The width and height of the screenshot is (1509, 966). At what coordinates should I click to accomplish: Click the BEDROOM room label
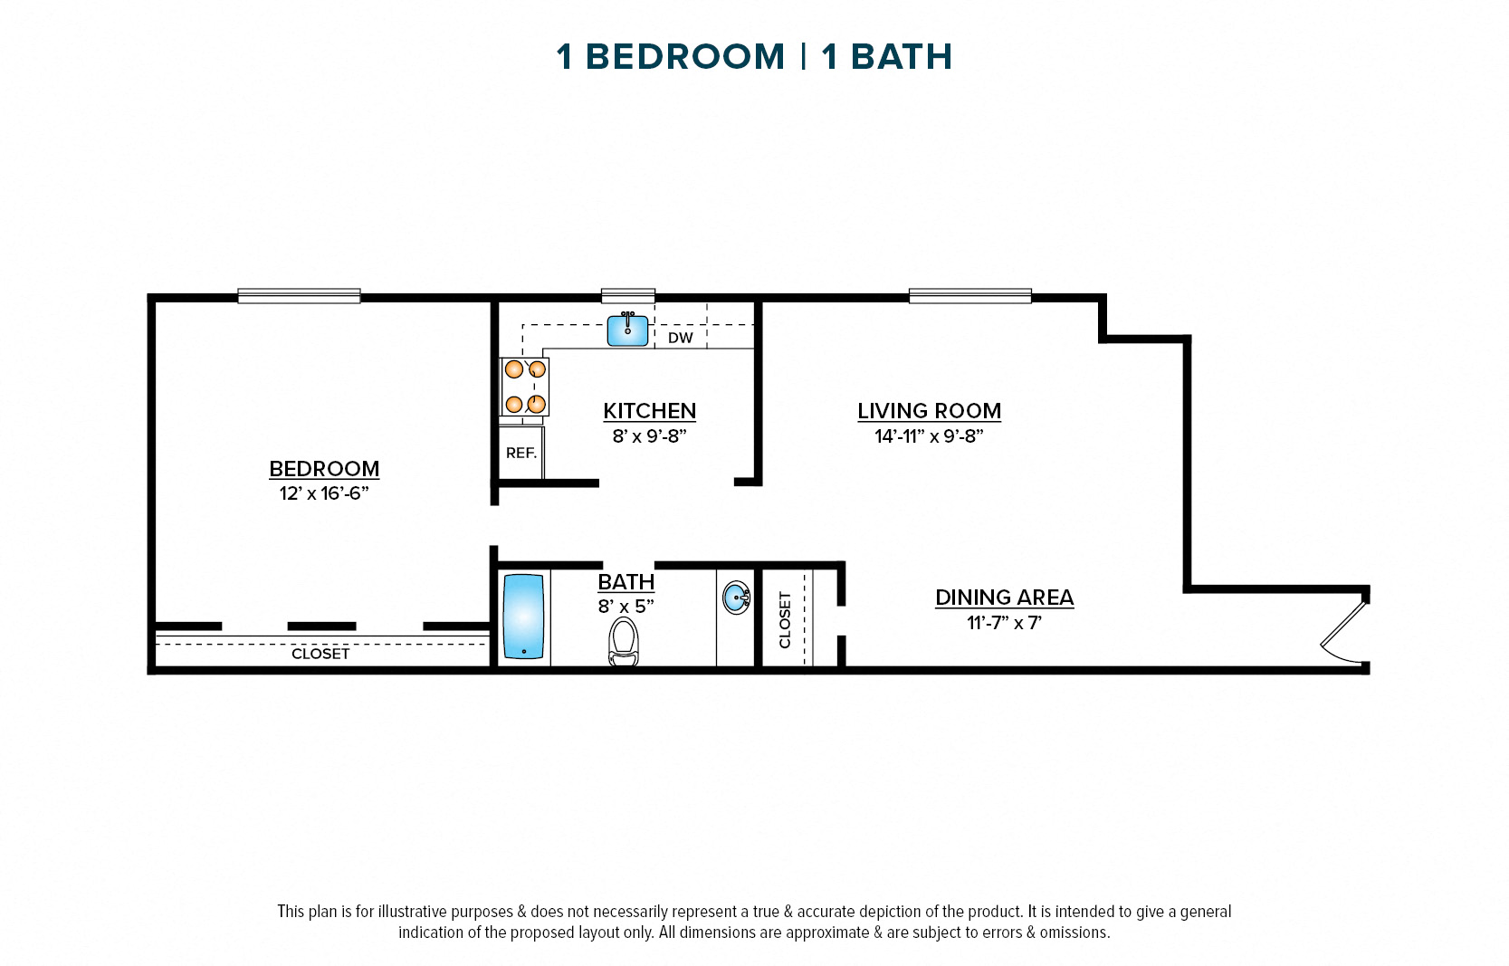pos(324,469)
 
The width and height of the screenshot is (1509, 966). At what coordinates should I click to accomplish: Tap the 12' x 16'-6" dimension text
pos(324,493)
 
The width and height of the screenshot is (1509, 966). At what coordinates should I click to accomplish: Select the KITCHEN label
pos(649,411)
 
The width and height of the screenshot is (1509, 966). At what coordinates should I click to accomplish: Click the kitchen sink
pos(627,330)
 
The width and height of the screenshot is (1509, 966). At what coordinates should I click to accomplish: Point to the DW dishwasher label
pos(680,338)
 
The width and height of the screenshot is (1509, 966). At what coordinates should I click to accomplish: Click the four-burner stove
pos(525,387)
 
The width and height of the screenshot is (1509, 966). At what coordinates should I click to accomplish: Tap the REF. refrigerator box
pos(521,453)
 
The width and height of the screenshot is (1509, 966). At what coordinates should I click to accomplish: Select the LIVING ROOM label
pos(929,411)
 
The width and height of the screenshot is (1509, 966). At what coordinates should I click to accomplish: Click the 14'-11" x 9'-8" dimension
pos(929,436)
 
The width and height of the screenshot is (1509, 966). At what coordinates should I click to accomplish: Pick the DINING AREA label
pos(1004,598)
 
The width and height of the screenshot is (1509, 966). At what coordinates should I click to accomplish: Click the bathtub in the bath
pos(524,617)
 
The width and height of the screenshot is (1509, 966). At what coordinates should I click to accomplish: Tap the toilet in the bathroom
pos(624,641)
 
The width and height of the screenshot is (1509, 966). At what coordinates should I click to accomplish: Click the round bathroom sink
pos(737,598)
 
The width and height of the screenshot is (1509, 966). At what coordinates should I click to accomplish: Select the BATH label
pos(626,582)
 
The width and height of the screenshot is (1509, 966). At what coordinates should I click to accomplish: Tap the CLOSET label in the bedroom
pos(320,654)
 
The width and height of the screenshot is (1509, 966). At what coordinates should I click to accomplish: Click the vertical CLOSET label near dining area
pos(785,620)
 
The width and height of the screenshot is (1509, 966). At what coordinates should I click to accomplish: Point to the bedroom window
pos(299,296)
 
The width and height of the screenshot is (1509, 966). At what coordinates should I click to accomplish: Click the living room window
pos(969,296)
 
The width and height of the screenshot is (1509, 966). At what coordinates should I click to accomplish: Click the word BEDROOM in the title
pos(685,57)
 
